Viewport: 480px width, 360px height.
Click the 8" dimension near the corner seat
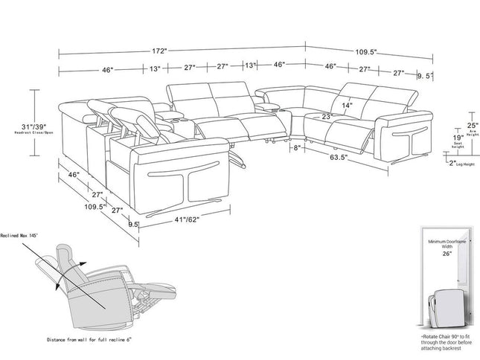[297, 149]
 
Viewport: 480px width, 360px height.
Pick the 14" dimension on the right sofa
[347, 106]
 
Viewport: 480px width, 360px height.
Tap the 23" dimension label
[325, 117]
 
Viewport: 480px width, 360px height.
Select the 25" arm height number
[450, 125]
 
